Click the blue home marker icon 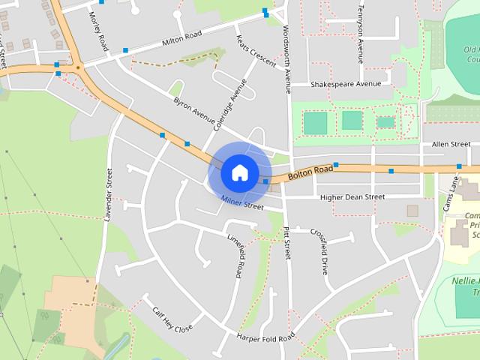pyautogui.click(x=239, y=172)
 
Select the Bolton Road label pyautogui.click(x=310, y=173)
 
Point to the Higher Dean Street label pyautogui.click(x=352, y=197)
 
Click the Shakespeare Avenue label pyautogui.click(x=346, y=84)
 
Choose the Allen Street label pyautogui.click(x=451, y=143)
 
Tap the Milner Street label pyautogui.click(x=242, y=202)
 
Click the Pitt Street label pyautogui.click(x=286, y=244)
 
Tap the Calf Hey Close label pyautogui.click(x=172, y=319)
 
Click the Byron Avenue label pyautogui.click(x=193, y=110)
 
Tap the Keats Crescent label pyautogui.click(x=256, y=49)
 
